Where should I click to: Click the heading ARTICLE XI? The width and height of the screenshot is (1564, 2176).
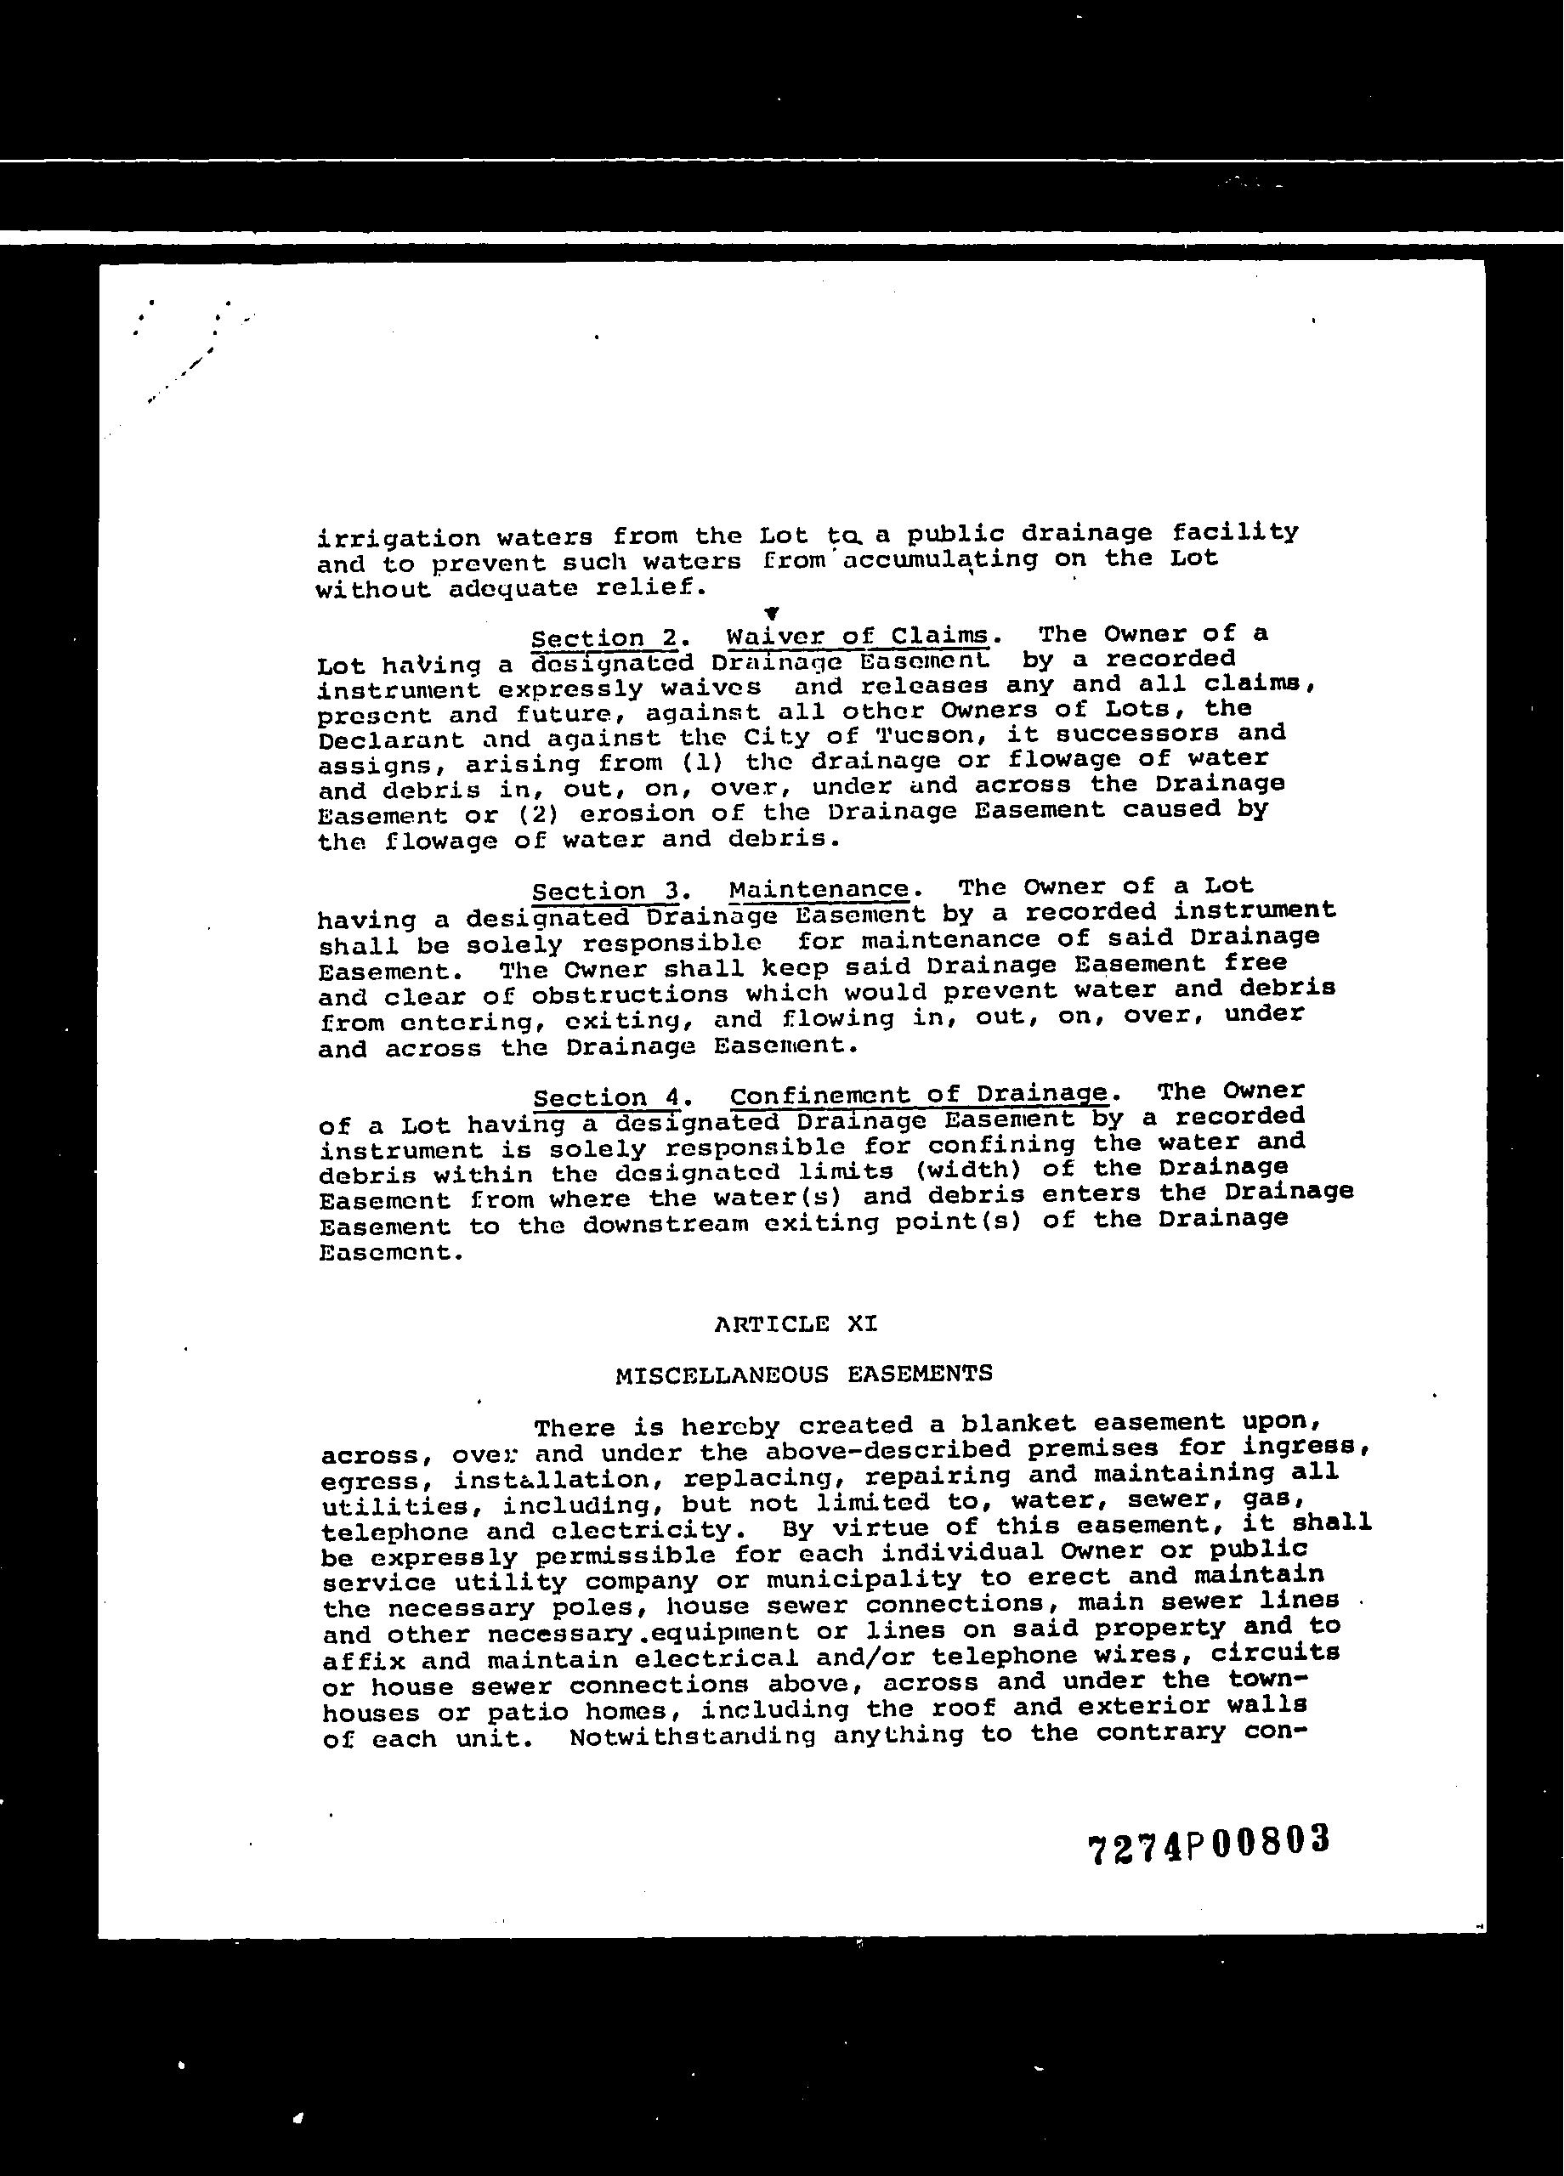(x=796, y=1324)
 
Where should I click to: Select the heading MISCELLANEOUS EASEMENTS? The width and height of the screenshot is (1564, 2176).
(x=803, y=1374)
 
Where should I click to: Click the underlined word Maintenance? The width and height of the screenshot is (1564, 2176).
(x=819, y=889)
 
